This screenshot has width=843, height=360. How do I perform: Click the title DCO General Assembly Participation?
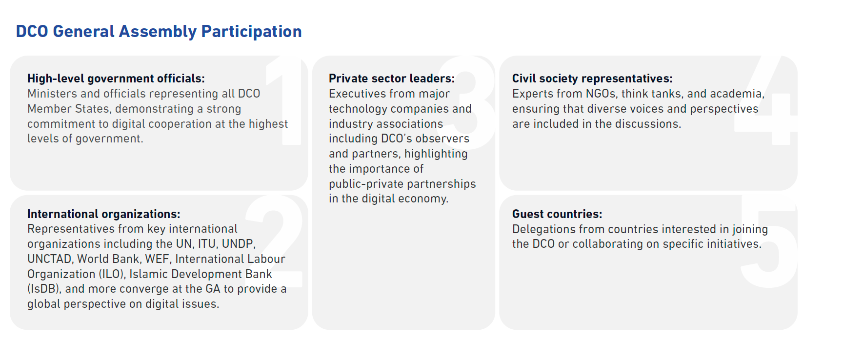[159, 32]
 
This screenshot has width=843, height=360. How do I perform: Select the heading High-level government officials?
[116, 79]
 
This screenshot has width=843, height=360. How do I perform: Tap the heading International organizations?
[104, 214]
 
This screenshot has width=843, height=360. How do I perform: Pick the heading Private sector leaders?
[392, 79]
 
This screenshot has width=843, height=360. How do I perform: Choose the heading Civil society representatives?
[592, 79]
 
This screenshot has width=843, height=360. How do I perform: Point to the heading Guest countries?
[557, 214]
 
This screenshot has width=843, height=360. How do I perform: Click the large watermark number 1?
[288, 100]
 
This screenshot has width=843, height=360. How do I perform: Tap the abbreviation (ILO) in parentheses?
[112, 274]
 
